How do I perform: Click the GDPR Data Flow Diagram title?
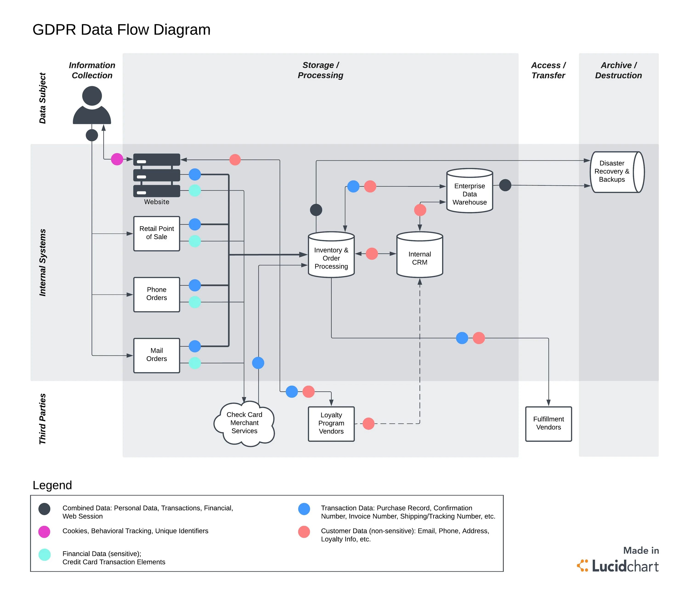point(121,30)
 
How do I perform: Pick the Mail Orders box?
point(156,355)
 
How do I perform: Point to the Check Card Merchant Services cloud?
point(244,423)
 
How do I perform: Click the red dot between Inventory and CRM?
point(372,254)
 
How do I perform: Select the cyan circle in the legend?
point(44,555)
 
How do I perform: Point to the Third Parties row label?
point(42,419)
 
